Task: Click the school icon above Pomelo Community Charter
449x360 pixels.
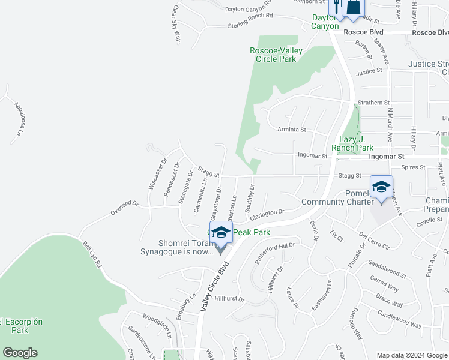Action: click(381, 187)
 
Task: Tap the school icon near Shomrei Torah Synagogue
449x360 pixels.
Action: click(221, 233)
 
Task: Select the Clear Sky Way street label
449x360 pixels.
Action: click(176, 24)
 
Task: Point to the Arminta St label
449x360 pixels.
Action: click(292, 129)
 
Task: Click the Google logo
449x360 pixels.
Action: click(20, 353)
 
